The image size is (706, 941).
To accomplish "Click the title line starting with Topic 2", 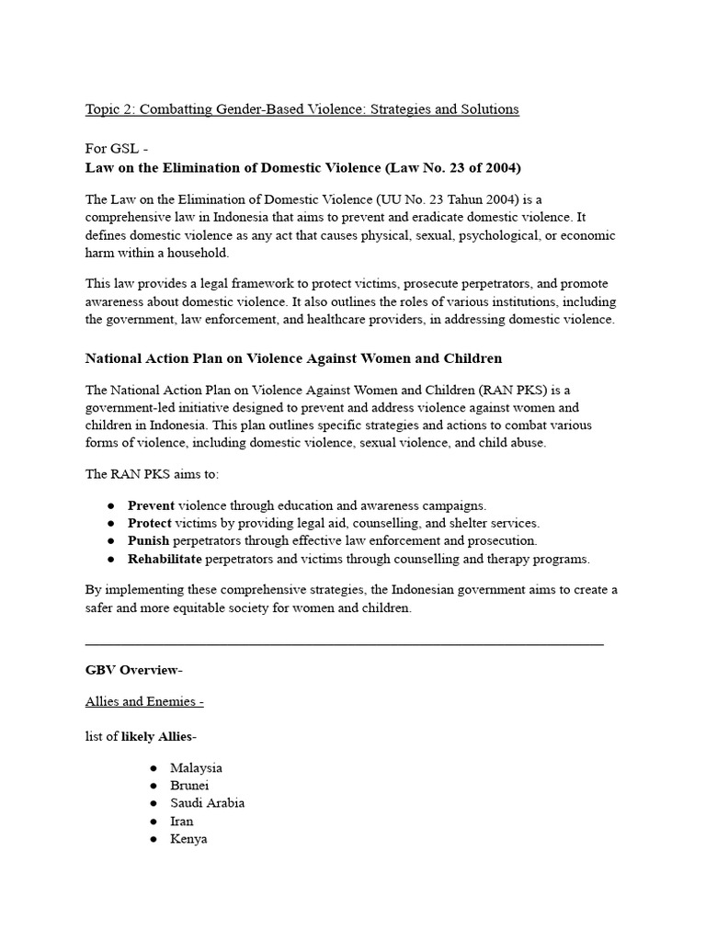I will coord(302,109).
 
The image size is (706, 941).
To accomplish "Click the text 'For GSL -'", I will coord(117,149).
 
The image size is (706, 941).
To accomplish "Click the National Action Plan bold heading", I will coord(293,357).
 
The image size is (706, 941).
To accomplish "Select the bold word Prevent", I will coord(151,505).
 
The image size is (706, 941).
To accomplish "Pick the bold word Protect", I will coord(150,523).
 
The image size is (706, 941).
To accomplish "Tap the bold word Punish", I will coord(148,540).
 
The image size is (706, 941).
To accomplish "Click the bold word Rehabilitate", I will coord(165,559).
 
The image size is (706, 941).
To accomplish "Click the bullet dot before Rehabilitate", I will coord(110,559).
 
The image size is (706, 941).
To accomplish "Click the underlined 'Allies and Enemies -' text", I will coord(144,701).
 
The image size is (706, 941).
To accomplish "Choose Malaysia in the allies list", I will coord(196,767).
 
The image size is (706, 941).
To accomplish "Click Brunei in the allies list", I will coord(189,786).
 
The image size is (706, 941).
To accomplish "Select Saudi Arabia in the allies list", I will coord(207,803).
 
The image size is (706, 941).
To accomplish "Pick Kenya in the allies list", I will coord(188,839).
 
